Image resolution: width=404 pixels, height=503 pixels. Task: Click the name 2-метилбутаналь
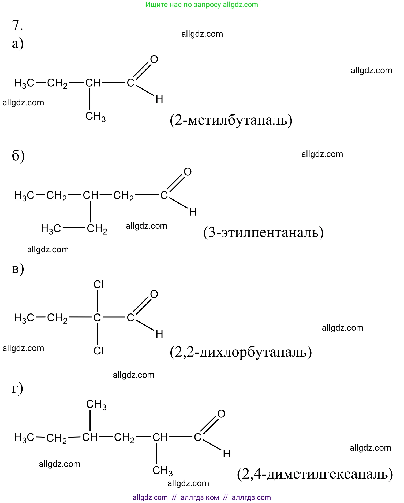pyautogui.click(x=231, y=120)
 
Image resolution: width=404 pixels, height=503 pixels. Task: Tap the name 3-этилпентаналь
pyautogui.click(x=263, y=232)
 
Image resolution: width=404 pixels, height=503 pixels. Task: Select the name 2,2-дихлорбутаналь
pyautogui.click(x=241, y=352)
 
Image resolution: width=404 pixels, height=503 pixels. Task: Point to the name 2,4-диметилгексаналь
pyautogui.click(x=315, y=474)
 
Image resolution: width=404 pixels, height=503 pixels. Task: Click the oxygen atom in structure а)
pyautogui.click(x=154, y=59)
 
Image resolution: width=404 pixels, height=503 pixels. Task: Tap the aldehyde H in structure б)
pyautogui.click(x=193, y=212)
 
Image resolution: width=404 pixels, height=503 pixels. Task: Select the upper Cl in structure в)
pyautogui.click(x=99, y=284)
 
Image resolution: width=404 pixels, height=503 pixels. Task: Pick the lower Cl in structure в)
pyautogui.click(x=99, y=351)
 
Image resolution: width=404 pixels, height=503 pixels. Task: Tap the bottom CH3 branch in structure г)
pyautogui.click(x=162, y=471)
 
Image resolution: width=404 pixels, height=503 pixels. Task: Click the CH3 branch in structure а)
pyautogui.click(x=95, y=117)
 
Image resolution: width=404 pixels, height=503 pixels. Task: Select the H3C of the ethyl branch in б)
pyautogui.click(x=51, y=229)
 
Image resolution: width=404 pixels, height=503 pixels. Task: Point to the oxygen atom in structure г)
pyautogui.click(x=221, y=414)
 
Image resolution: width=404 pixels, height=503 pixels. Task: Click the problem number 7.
pyautogui.click(x=17, y=25)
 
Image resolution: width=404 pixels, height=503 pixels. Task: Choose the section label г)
pyautogui.click(x=17, y=388)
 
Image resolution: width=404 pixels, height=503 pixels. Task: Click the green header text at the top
pyautogui.click(x=202, y=5)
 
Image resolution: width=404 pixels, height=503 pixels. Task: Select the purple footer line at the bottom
pyautogui.click(x=202, y=497)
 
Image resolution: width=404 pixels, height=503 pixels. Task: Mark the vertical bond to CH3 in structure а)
pyautogui.click(x=89, y=99)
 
